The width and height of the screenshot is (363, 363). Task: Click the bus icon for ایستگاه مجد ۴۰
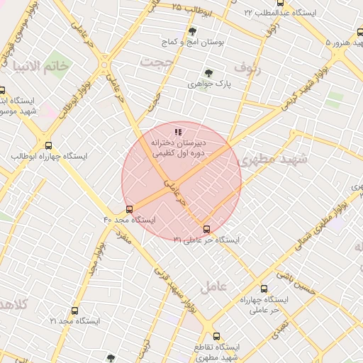coord(129,209)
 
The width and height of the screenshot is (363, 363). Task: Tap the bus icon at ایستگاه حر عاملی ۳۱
coord(206,229)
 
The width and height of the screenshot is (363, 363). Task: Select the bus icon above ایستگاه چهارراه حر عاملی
coord(264,289)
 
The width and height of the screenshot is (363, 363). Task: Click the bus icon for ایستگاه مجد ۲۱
coord(75,311)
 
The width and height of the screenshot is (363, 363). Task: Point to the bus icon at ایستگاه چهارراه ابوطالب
coord(48,145)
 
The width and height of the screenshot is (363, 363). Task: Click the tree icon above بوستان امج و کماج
coord(192,31)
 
